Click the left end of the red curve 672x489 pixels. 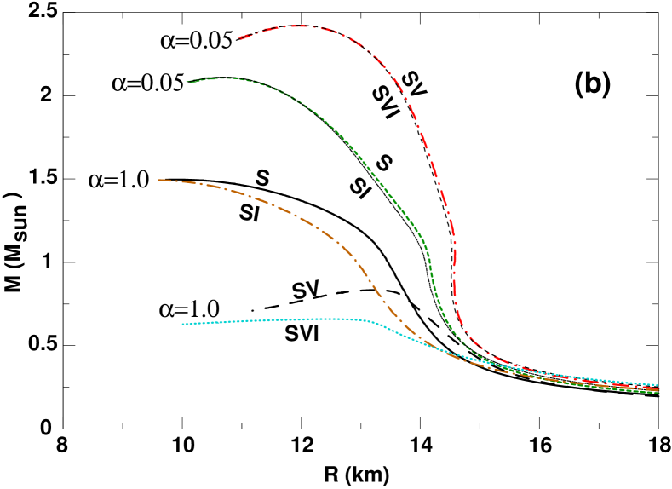[239, 37]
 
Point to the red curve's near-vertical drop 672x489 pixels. [454, 256]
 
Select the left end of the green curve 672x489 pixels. [188, 81]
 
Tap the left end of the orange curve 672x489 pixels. [158, 180]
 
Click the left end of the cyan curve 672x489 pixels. [182, 324]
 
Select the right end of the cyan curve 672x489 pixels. [658, 385]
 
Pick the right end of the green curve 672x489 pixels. [659, 393]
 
